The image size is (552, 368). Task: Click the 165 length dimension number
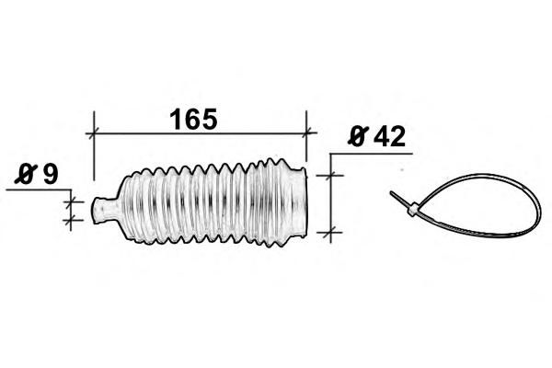193,119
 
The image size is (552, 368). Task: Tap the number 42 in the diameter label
389,137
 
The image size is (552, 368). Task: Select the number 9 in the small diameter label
50,174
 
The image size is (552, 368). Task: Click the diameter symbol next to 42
358,136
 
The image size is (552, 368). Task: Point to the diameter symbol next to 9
26,174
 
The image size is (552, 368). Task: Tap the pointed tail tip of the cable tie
391,192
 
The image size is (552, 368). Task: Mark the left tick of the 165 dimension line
93,133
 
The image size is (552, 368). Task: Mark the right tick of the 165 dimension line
306,133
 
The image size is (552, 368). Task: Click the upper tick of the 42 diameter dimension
330,175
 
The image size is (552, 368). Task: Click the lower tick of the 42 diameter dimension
330,233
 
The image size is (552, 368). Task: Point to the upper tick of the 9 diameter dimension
71,202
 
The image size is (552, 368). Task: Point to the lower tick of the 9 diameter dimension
71,221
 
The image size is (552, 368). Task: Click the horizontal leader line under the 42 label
371,154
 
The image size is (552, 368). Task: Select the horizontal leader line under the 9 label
39,190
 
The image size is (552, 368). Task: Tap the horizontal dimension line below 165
200,133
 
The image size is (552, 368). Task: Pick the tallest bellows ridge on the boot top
270,162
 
